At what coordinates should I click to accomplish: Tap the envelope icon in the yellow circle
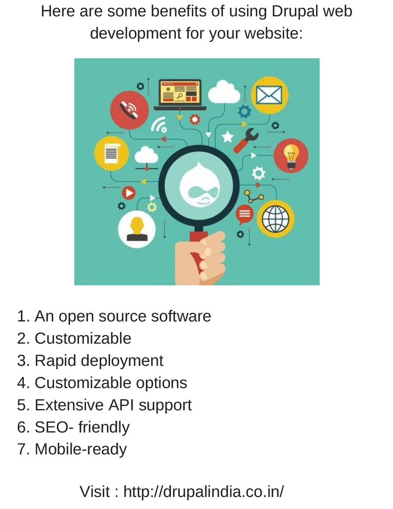[x=269, y=94]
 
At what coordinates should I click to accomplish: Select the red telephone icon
[x=129, y=110]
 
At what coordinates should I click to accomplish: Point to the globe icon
[x=275, y=219]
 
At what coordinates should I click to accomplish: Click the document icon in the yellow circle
[x=112, y=153]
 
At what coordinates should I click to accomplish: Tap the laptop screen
[x=179, y=92]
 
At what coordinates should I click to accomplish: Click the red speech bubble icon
[x=244, y=214]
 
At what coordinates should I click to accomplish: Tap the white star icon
[x=228, y=135]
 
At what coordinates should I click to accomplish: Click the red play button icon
[x=129, y=192]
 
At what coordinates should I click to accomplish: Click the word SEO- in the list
[x=54, y=427]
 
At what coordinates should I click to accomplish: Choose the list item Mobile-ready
[x=80, y=449]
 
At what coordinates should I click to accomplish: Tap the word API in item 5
[x=121, y=405]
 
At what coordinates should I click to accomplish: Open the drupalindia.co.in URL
[x=204, y=492]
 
